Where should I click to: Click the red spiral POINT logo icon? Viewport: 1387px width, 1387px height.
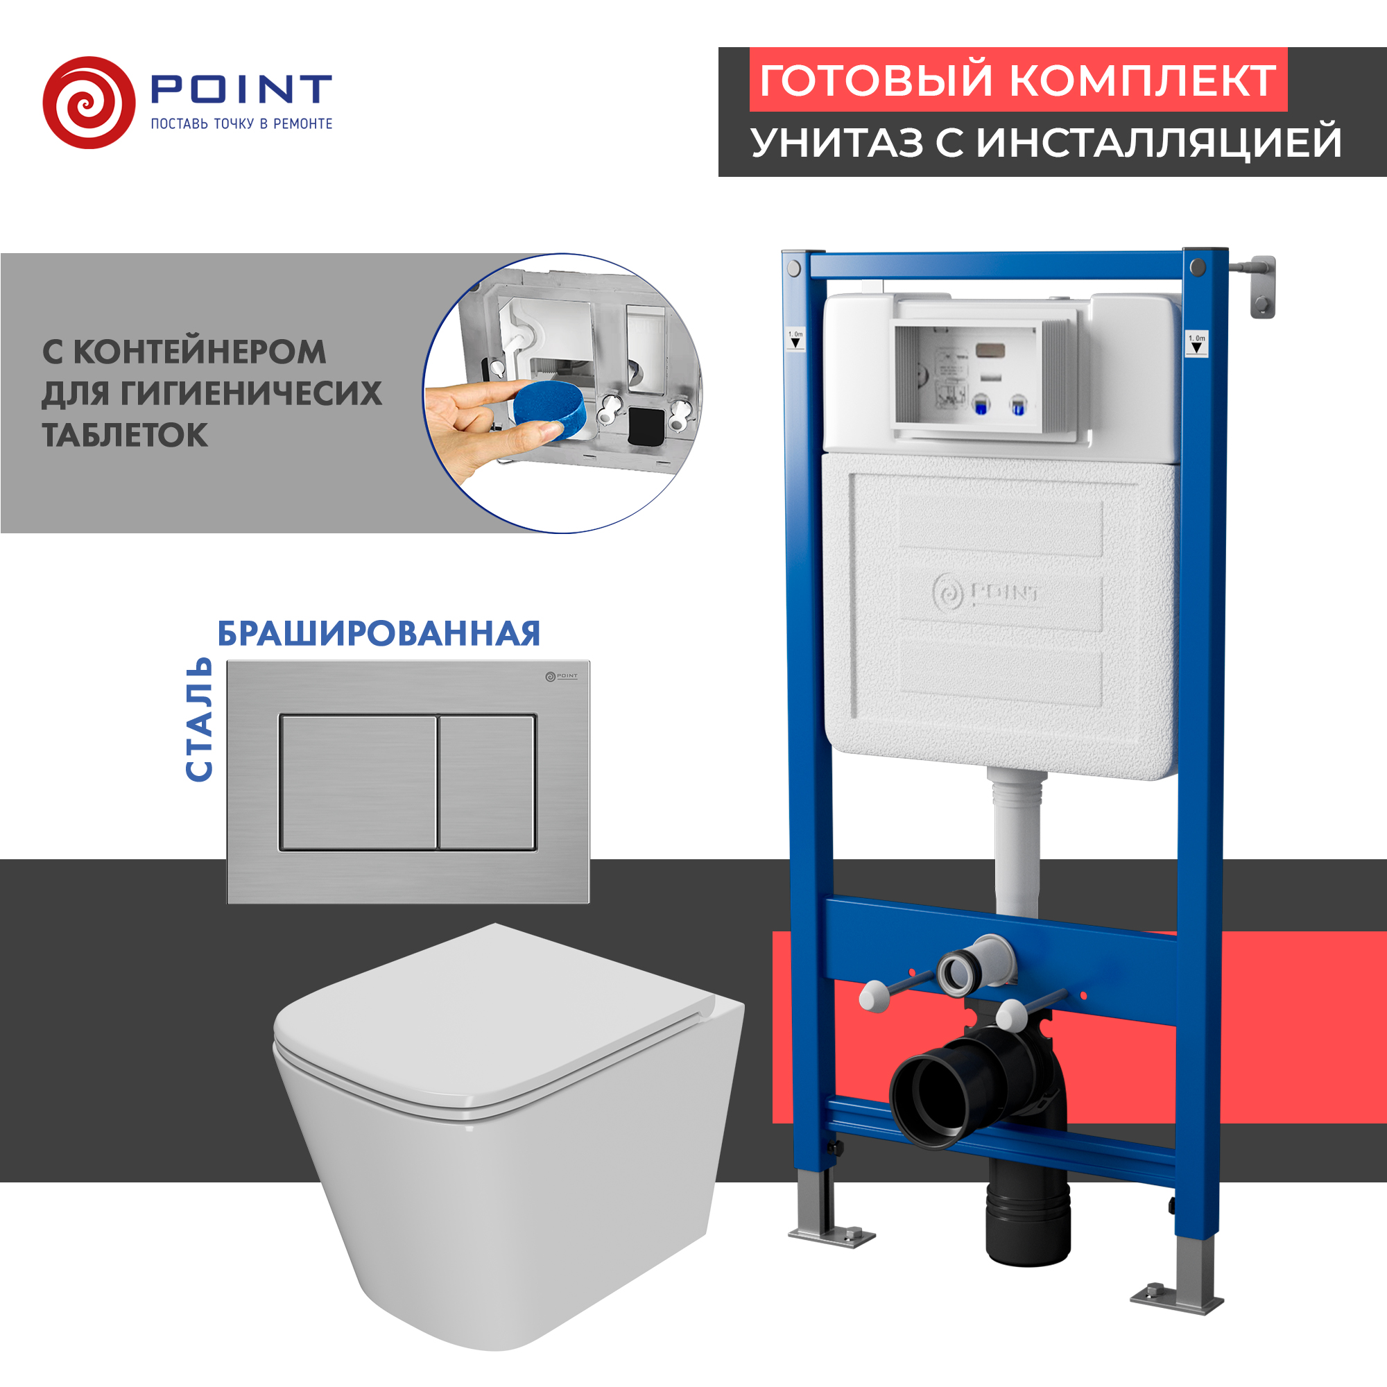[x=89, y=103]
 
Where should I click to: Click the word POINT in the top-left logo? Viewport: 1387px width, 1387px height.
[x=241, y=89]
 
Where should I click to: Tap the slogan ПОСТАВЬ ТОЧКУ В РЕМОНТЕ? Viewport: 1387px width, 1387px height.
[x=241, y=123]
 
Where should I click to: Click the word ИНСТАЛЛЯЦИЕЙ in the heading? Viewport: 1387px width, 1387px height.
[x=1159, y=142]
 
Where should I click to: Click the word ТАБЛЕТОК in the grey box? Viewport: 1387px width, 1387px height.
[x=125, y=435]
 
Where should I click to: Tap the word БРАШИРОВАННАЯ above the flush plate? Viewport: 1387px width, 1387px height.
[x=379, y=633]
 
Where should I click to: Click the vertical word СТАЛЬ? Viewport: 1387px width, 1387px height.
[x=199, y=718]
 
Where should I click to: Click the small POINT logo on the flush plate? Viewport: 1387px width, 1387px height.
[x=562, y=676]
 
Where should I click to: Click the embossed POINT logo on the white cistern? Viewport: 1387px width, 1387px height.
[x=985, y=593]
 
